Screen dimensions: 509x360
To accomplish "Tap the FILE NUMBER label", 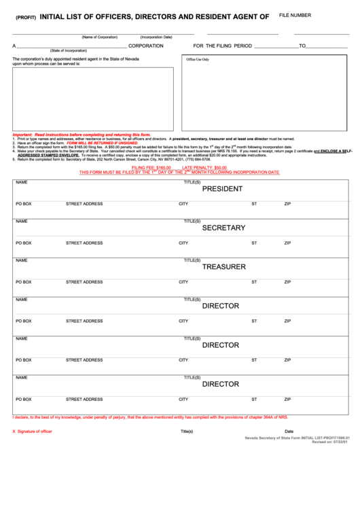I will pos(295,15).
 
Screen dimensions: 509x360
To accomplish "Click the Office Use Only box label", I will pos(198,59).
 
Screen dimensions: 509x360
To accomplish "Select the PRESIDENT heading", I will pos(222,189).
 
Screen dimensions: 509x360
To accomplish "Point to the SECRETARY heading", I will pos(223,228).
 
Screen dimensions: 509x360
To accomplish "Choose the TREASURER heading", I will pos(223,267).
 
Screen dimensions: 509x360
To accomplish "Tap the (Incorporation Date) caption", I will pos(156,37).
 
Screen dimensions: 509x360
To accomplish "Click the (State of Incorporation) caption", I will pos(68,51).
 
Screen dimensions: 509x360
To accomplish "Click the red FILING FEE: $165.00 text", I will pos(151,167).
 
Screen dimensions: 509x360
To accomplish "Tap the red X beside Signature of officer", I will pos(14,432).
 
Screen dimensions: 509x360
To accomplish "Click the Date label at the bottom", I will pos(289,432).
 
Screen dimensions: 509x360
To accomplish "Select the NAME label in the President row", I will pos(21,182).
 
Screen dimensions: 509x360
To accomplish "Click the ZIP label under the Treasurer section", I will pos(287,282).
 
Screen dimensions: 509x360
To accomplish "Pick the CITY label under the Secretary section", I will pos(183,243).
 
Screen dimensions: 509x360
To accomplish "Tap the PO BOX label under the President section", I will pos(24,204).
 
